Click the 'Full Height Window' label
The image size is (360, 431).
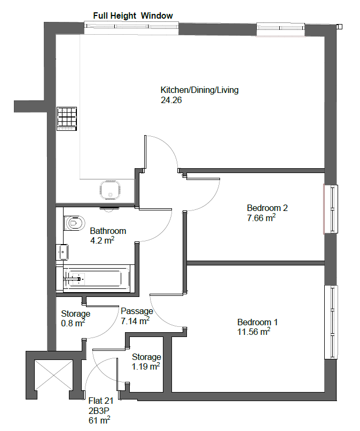click(133, 15)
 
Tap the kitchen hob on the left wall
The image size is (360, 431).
click(67, 119)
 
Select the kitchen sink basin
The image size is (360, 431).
click(110, 190)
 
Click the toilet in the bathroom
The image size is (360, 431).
click(74, 223)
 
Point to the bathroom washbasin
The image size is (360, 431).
click(62, 252)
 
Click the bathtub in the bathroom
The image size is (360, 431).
click(93, 278)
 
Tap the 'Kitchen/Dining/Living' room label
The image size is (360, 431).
click(200, 90)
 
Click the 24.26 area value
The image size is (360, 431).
click(171, 100)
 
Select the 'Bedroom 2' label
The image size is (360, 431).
click(267, 208)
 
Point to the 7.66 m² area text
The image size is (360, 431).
click(261, 218)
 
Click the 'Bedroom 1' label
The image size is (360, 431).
click(257, 322)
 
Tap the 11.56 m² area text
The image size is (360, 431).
click(254, 332)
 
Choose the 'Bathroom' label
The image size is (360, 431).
click(108, 231)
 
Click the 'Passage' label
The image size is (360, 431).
click(137, 311)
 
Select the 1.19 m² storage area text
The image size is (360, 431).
click(146, 366)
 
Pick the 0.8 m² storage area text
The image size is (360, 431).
click(73, 323)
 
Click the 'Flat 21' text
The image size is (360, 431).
click(101, 401)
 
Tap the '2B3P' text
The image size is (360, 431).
click(99, 410)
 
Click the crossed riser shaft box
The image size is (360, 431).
click(54, 375)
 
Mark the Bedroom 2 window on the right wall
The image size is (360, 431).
click(331, 209)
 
